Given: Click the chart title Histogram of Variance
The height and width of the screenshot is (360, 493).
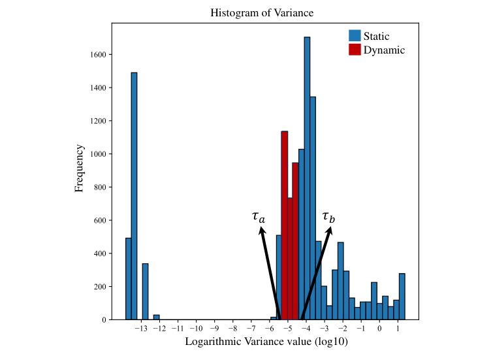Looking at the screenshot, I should (x=252, y=13).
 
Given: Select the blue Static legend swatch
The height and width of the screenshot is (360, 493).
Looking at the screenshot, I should (x=355, y=36).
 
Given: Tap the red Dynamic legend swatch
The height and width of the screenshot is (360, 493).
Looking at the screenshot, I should (x=355, y=50).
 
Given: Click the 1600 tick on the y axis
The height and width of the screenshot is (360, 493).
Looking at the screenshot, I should (x=97, y=54).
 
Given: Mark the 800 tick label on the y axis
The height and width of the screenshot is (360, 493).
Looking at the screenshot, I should (x=99, y=187).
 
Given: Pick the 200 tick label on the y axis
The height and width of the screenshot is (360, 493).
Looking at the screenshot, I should (x=99, y=287).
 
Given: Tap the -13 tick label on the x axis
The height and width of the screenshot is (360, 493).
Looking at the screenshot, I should (x=140, y=329).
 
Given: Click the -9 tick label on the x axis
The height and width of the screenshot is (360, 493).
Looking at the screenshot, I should (x=215, y=329).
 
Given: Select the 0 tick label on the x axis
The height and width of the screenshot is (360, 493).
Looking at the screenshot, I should (x=379, y=329).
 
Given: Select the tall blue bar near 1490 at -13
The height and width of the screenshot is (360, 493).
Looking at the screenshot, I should (x=134, y=196).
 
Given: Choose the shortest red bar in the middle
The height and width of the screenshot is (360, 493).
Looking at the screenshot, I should (x=290, y=258).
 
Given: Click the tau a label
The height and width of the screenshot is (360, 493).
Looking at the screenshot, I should (x=259, y=216).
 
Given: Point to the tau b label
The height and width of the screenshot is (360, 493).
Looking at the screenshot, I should (x=328, y=216).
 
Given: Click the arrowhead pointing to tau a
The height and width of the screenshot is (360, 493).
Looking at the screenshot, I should (x=262, y=231).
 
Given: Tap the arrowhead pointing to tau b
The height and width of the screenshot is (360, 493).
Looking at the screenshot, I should (x=330, y=231).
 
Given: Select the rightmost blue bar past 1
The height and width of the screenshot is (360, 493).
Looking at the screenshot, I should (x=402, y=297).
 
